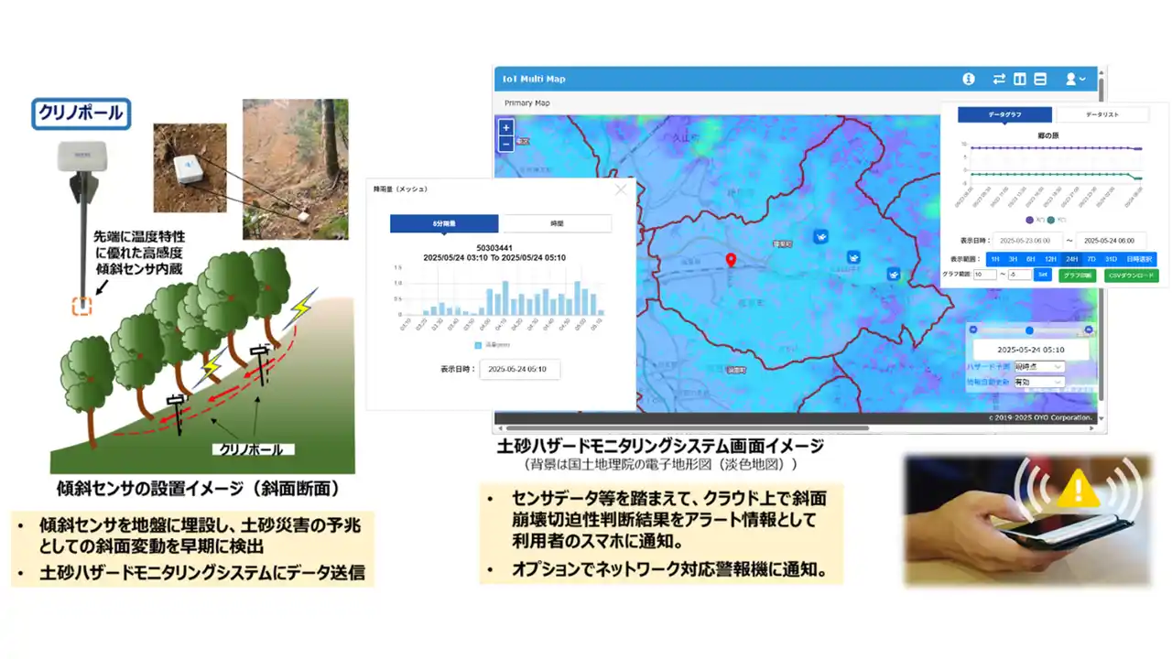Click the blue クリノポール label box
(x=81, y=113)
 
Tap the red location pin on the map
(x=731, y=261)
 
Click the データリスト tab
(x=1102, y=114)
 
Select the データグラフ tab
(x=1005, y=114)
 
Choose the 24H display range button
(x=1070, y=259)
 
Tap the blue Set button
(x=1042, y=275)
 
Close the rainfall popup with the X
(x=622, y=189)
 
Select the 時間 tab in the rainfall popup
(x=556, y=223)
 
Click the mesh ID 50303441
(x=494, y=247)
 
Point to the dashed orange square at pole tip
(x=81, y=307)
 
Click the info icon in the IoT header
(x=969, y=79)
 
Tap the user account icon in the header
(x=1072, y=79)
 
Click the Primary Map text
(x=527, y=103)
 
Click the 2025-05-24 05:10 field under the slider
(x=1030, y=350)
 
